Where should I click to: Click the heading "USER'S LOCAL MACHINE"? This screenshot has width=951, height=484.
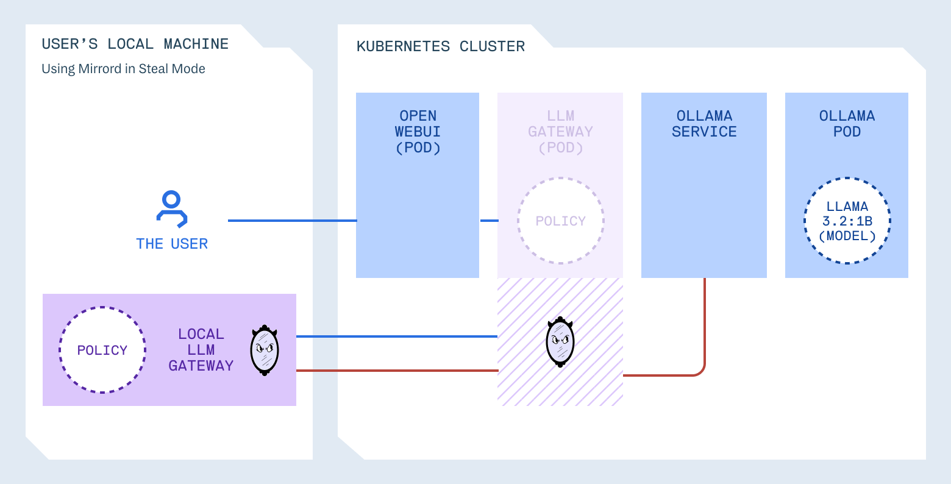135,44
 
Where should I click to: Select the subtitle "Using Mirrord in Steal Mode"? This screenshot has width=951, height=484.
123,69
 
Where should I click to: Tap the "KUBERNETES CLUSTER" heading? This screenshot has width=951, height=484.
440,47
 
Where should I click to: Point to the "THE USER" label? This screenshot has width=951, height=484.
172,244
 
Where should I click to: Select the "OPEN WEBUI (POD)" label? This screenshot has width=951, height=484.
418,132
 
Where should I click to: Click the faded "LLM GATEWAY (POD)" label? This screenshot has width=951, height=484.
560,132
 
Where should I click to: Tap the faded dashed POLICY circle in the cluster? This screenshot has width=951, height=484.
560,221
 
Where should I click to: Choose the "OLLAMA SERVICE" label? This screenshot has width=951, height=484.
704,124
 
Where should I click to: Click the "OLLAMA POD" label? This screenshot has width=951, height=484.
847,124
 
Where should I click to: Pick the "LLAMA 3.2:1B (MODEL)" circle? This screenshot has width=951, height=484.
847,221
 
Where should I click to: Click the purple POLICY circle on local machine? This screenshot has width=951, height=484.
102,350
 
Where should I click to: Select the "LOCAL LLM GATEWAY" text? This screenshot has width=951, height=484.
201,350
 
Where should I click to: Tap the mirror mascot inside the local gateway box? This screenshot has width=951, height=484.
265,350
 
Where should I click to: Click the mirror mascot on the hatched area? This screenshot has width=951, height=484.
560,341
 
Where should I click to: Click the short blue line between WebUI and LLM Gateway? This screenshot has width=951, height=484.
489,221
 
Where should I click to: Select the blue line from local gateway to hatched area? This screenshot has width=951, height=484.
396,336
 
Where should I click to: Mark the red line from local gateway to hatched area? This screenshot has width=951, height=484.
396,371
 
